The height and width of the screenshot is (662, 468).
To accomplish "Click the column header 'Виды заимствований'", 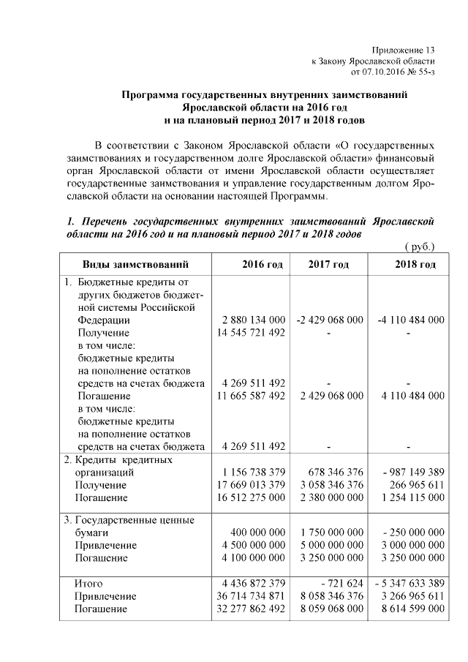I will click(125, 264).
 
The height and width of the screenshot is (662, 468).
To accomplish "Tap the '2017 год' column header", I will click(328, 264).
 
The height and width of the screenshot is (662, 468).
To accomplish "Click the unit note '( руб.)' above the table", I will click(420, 247).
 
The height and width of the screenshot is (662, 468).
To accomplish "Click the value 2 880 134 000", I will click(253, 320).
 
